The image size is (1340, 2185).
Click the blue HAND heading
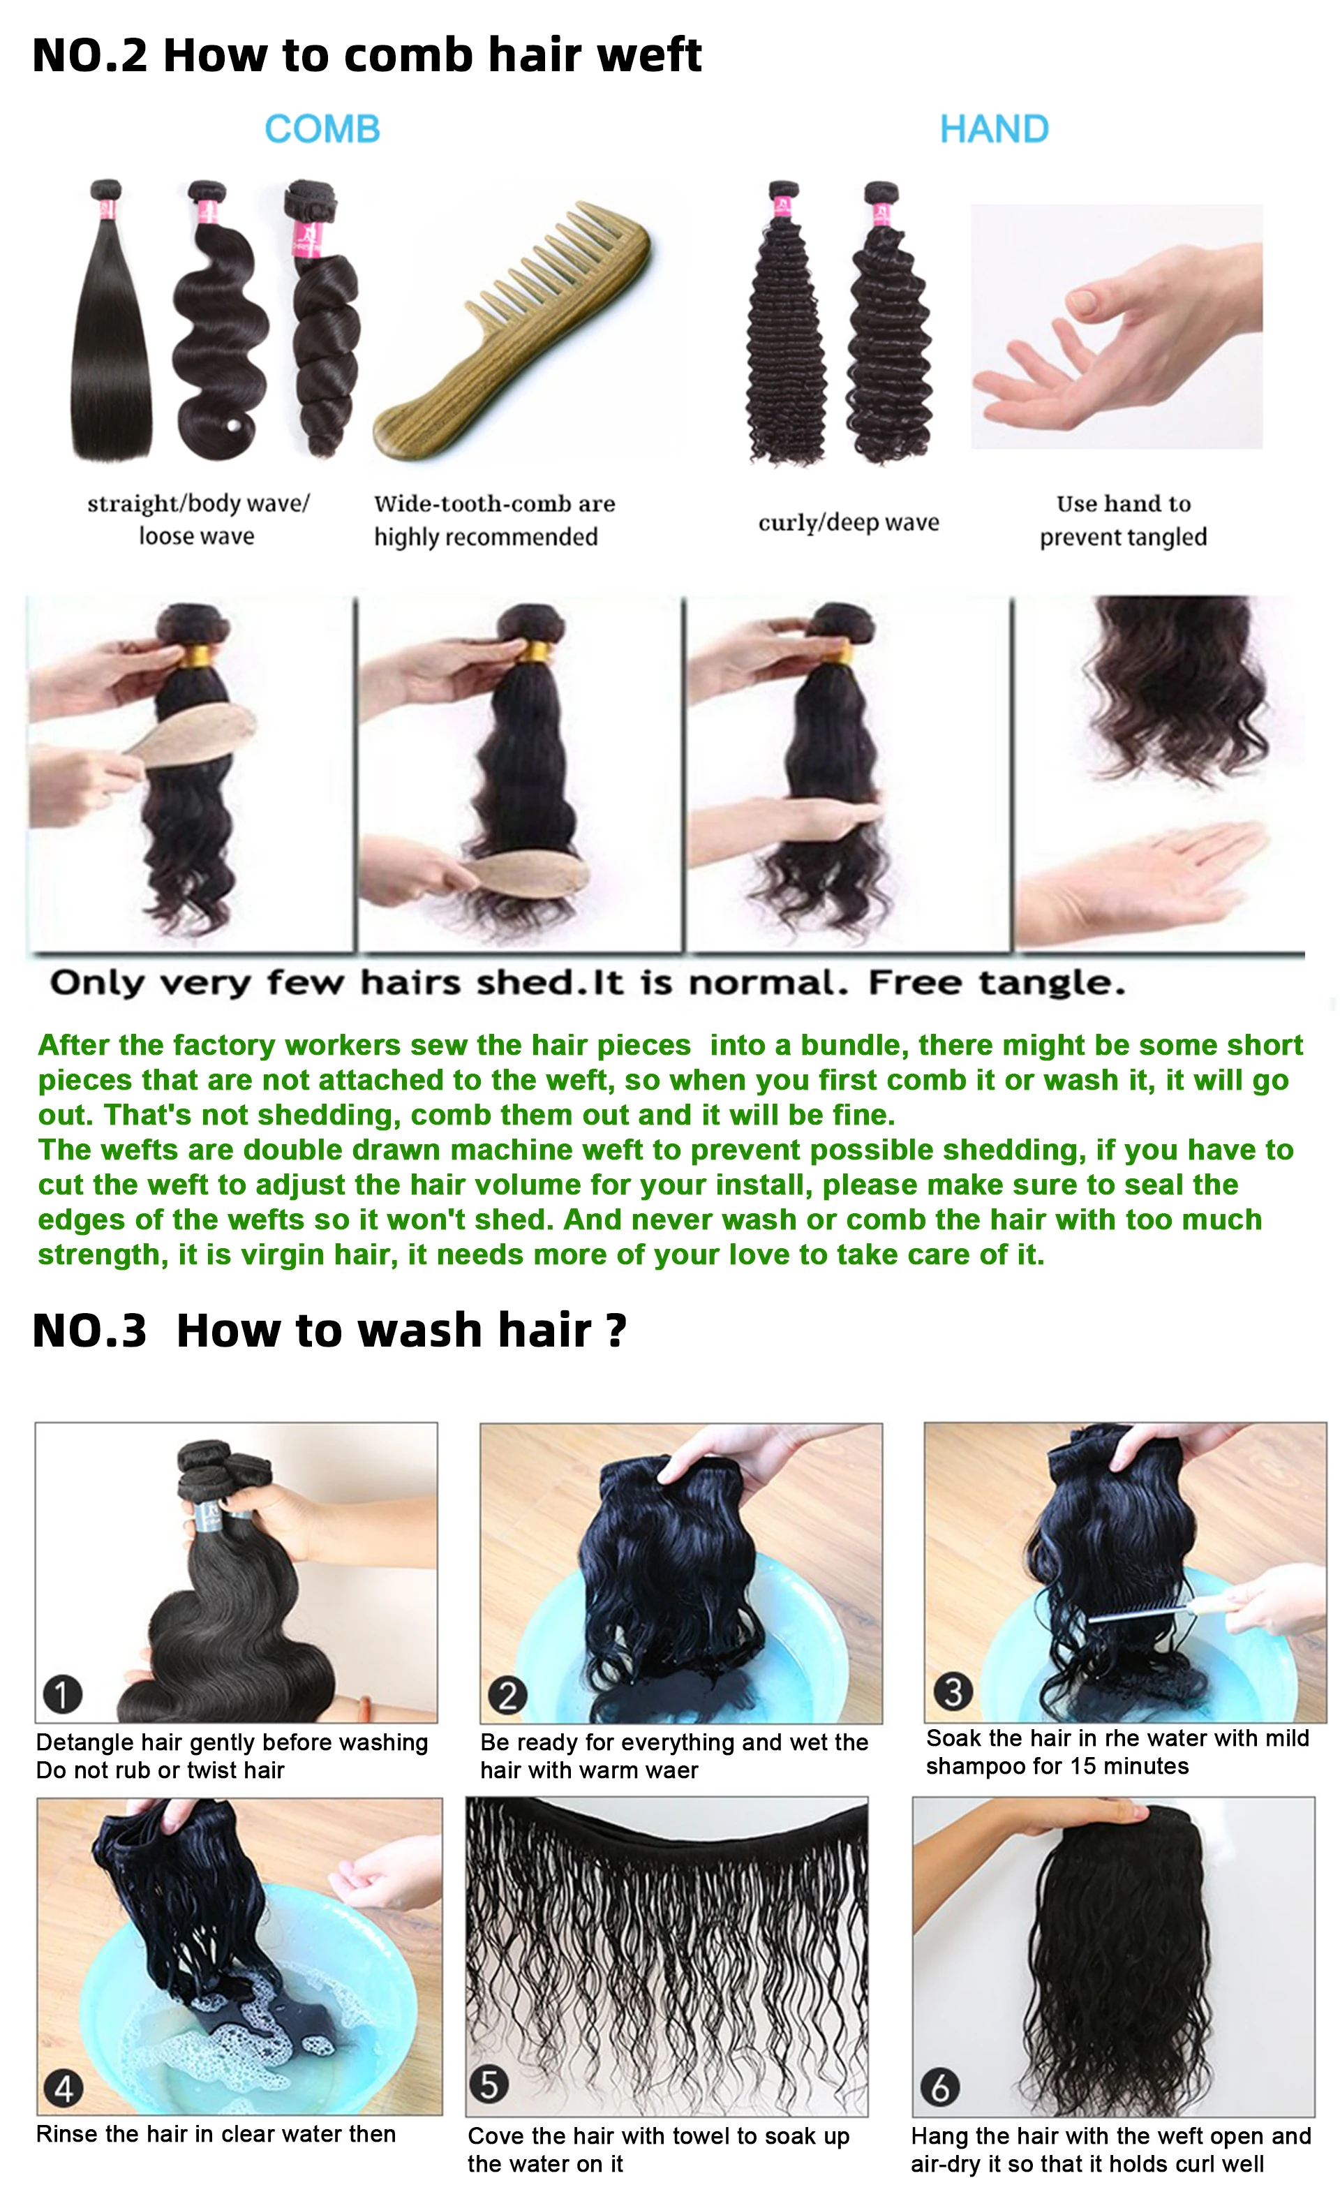click(x=994, y=129)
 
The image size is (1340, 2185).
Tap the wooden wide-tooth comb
click(x=512, y=330)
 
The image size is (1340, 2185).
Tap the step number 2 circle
click(x=507, y=1695)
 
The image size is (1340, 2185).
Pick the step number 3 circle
click(x=953, y=1691)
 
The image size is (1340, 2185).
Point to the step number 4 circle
click(x=64, y=2089)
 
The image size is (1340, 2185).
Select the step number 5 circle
click(x=489, y=2084)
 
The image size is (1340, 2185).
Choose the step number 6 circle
click(x=940, y=2087)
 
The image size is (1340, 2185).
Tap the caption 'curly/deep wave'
click(x=849, y=522)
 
